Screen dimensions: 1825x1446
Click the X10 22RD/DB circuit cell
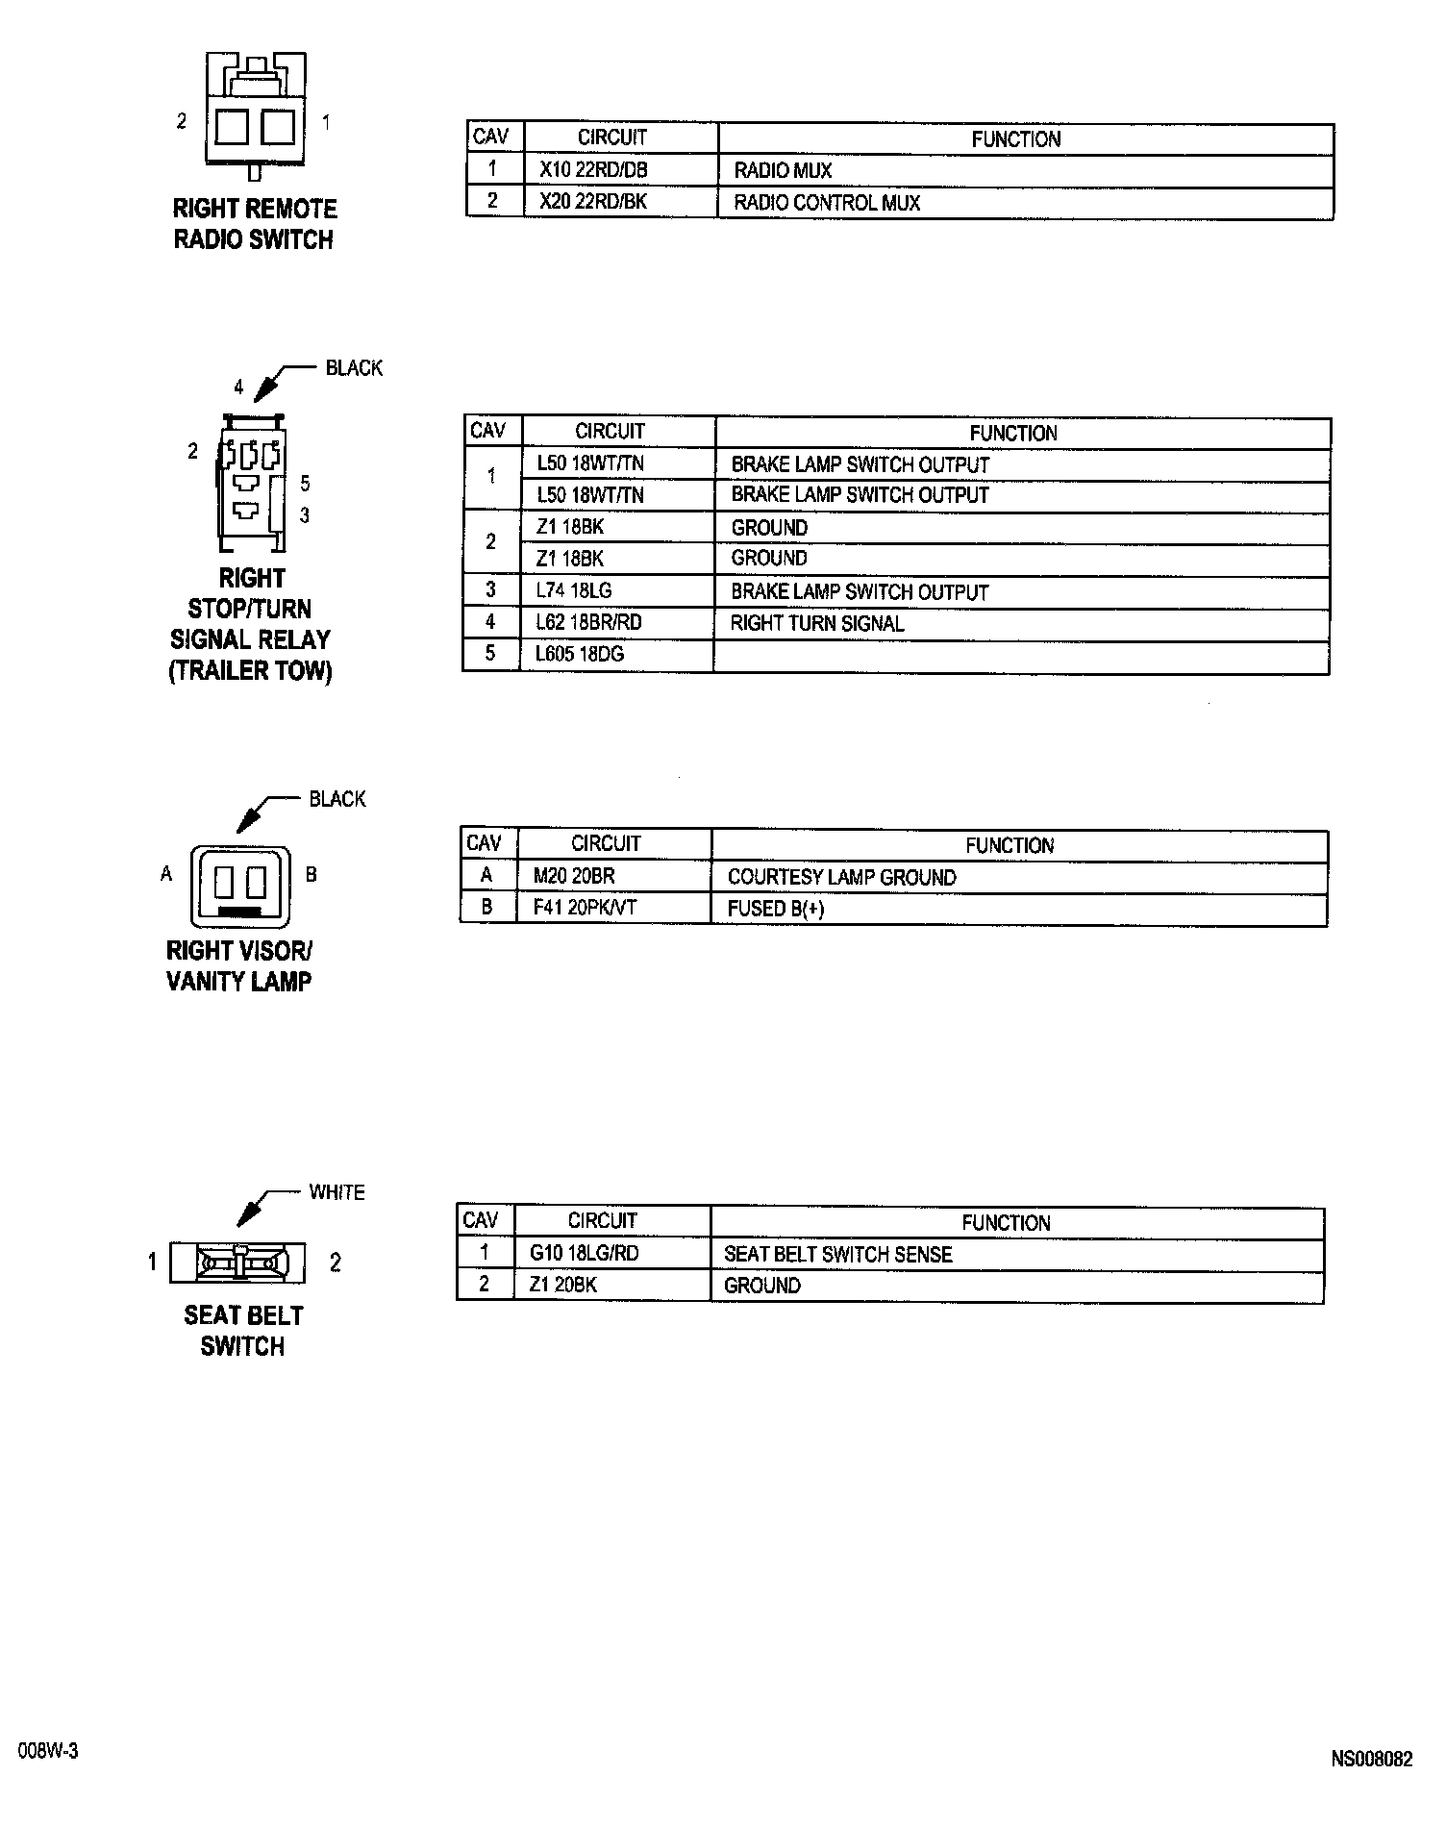593,170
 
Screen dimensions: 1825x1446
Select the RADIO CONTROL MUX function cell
827,203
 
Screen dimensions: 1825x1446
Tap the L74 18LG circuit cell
574,590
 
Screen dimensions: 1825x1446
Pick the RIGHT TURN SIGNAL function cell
817,623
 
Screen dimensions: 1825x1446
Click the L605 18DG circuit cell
580,654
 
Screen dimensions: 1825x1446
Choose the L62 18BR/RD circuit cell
588,622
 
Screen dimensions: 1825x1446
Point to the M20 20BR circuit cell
574,876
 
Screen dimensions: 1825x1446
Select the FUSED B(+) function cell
776,909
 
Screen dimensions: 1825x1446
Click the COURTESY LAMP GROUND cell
841,877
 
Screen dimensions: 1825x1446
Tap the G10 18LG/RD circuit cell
584,1253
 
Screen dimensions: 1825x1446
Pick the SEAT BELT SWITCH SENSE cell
837,1254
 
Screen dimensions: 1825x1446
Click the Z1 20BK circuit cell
563,1285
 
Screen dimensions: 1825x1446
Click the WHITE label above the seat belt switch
337,1192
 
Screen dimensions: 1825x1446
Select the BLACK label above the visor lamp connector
337,799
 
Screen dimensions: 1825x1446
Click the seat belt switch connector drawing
238,1262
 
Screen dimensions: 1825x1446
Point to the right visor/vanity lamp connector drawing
239,884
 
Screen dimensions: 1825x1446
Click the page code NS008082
1371,1760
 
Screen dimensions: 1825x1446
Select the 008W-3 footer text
47,1751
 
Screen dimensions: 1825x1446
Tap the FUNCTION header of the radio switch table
1015,139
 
